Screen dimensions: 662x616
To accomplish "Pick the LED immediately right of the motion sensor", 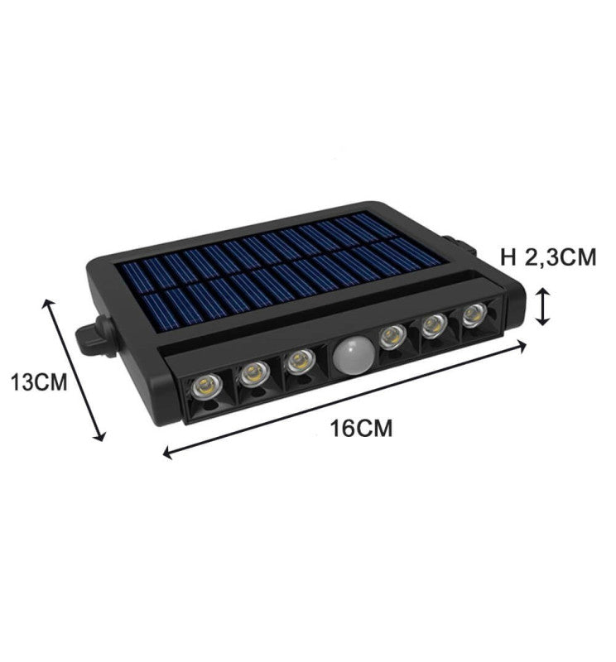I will pos(391,337).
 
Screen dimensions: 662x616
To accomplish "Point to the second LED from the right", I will pos(432,326).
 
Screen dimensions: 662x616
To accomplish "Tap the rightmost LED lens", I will pos(473,315).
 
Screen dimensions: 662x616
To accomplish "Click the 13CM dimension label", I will pos(37,382).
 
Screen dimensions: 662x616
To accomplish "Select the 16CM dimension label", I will pos(360,429).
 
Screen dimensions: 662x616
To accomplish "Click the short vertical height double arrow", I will pos(542,306).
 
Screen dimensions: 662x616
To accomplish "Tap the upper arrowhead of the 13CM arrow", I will pos(48,304).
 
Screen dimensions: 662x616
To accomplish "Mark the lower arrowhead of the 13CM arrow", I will pos(102,437).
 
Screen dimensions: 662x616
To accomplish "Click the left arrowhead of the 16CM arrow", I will pos(169,453).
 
